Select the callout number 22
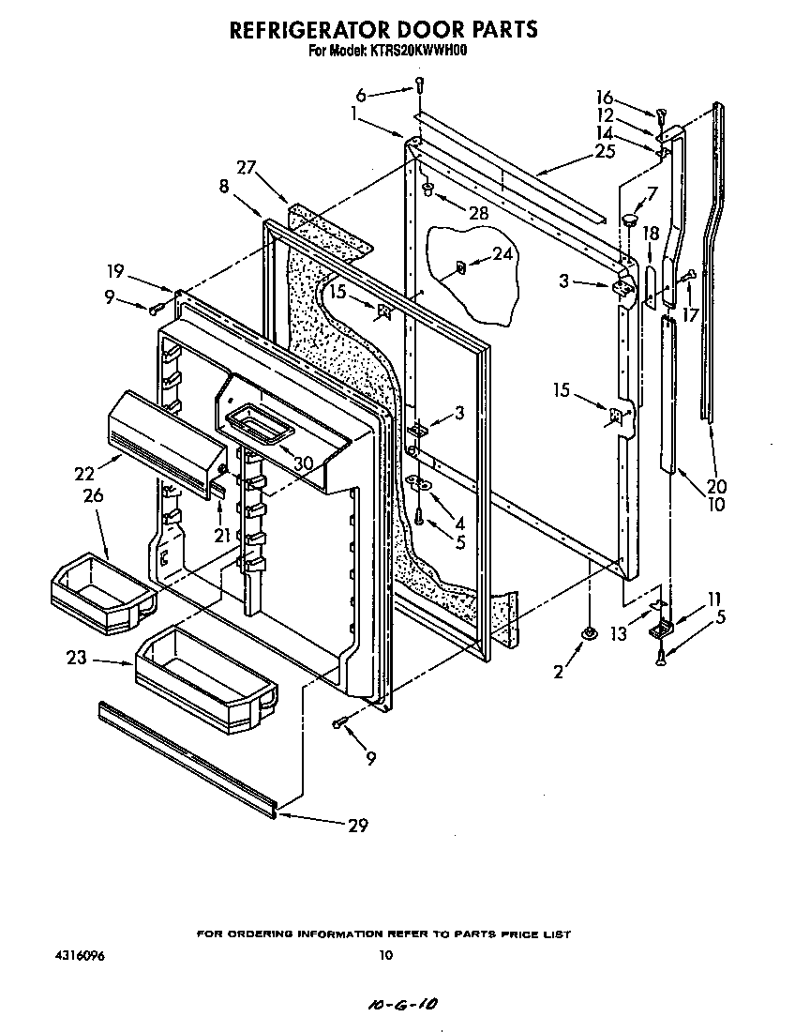pos(85,475)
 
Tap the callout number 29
pos(356,826)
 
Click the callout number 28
pos(478,213)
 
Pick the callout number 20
pos(717,487)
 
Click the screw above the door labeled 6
pos(418,87)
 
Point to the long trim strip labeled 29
pos(187,755)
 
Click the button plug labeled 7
pos(629,220)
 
